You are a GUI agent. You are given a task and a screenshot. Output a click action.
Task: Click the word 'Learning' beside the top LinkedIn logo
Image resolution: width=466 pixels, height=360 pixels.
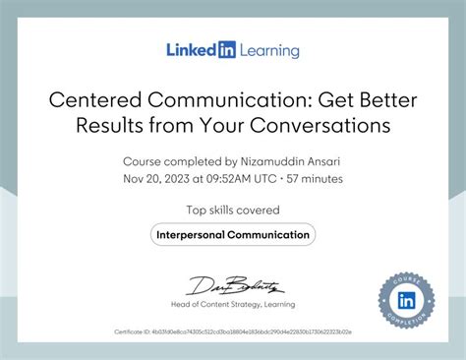[268, 49]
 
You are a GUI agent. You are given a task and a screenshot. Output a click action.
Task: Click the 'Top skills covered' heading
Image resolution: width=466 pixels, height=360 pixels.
[233, 210]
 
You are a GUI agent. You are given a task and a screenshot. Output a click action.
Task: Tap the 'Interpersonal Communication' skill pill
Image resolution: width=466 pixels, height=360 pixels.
[233, 234]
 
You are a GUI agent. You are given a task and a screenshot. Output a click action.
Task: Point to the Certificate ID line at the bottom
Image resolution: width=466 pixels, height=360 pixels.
[233, 333]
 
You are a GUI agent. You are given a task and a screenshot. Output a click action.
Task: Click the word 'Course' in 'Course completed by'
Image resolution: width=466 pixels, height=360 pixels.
[142, 160]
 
